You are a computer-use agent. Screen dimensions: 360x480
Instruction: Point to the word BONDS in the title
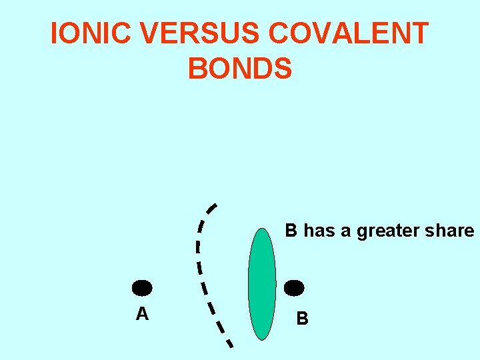240,69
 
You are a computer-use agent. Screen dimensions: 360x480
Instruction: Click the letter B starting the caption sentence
291,231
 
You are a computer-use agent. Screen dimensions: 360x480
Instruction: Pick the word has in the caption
319,231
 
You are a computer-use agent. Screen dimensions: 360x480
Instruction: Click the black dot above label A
142,288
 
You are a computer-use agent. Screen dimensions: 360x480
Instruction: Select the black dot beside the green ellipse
294,288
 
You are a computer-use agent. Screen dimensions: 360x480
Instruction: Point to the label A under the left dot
142,313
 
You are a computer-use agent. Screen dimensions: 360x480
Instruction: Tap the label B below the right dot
302,319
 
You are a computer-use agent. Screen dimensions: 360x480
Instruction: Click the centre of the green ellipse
261,284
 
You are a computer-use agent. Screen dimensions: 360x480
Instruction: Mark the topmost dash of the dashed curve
211,208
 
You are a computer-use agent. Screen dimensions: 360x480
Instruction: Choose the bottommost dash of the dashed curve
228,342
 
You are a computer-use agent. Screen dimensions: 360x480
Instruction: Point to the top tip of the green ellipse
261,229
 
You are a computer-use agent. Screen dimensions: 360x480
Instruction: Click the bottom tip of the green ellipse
262,339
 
